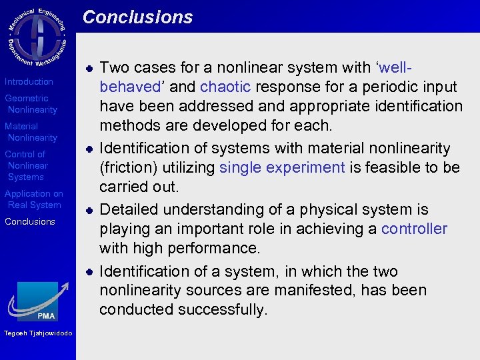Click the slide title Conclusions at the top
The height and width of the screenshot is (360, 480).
coord(137,17)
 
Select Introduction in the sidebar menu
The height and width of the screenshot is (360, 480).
coord(29,81)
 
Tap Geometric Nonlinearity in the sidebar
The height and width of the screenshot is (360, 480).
coord(31,104)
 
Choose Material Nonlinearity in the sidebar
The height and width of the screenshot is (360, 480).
coord(31,132)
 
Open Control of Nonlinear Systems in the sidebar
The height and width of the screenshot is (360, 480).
coord(27,165)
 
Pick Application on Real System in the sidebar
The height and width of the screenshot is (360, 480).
coord(33,199)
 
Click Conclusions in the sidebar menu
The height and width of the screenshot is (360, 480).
coord(29,221)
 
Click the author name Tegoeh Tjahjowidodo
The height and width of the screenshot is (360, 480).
coord(37,333)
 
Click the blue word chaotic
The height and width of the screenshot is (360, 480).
coord(225,87)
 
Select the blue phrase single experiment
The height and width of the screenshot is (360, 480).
coord(282,167)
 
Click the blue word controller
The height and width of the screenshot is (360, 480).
coord(414,229)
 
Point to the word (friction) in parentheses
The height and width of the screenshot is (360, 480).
coord(128,167)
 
